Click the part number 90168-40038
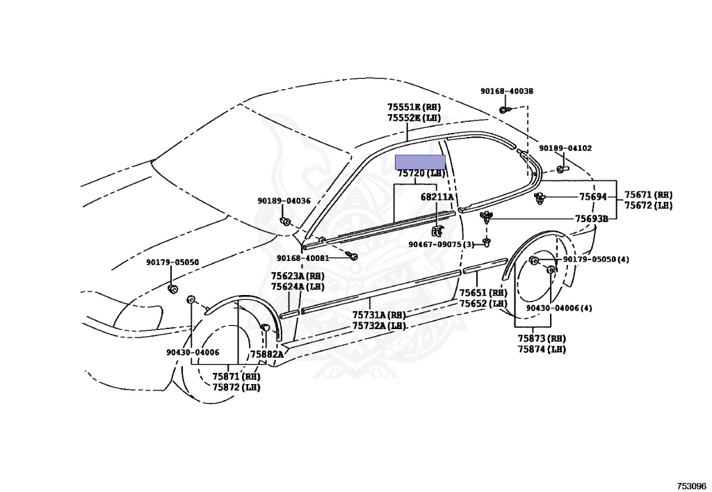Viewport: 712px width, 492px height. [x=506, y=91]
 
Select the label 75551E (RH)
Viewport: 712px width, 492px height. [x=414, y=107]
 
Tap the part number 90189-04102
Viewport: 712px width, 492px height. [x=565, y=148]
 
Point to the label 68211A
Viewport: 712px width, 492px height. [x=437, y=197]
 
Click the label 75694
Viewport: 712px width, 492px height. [x=593, y=197]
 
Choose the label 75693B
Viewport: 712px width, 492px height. [x=591, y=219]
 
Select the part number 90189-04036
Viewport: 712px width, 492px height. [x=284, y=201]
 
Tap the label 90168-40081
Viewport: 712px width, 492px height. [x=302, y=257]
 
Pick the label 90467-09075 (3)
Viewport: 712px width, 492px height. [x=441, y=244]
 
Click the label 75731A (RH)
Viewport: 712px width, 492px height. [x=378, y=315]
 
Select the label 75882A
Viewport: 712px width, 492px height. [x=266, y=354]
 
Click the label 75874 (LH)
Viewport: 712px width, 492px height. [x=541, y=349]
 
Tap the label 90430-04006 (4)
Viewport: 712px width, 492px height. [x=559, y=308]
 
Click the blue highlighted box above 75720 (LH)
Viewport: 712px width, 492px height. [x=420, y=161]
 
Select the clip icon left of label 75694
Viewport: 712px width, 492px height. [x=540, y=198]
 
